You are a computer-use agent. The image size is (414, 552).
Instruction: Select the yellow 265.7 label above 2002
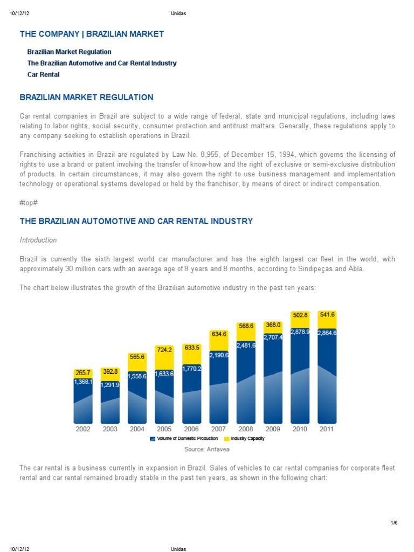(x=82, y=372)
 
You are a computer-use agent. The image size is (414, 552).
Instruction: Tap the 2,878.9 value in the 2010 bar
(x=300, y=332)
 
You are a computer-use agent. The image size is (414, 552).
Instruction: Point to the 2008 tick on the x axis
(x=245, y=429)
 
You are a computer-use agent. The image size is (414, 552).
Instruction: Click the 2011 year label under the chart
(x=327, y=429)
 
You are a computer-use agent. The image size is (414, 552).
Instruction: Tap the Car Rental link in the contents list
(x=43, y=74)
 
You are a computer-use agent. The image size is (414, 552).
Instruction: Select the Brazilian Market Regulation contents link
(x=69, y=52)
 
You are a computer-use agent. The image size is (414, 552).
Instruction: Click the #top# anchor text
(x=29, y=203)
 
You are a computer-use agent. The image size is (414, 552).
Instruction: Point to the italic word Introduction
(x=38, y=240)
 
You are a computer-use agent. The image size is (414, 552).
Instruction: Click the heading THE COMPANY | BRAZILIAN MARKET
(x=92, y=34)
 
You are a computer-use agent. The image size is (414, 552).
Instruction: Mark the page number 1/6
(x=394, y=522)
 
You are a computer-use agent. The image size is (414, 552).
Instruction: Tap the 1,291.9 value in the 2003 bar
(x=110, y=385)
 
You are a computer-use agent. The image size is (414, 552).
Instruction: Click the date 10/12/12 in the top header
(x=19, y=13)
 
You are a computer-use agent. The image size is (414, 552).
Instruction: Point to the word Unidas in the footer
(x=178, y=549)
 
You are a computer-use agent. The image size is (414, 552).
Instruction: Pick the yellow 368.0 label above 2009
(x=273, y=325)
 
